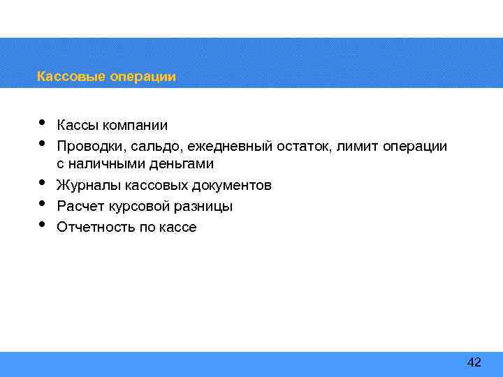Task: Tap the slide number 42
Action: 474,362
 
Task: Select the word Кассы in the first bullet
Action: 78,126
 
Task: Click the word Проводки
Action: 87,147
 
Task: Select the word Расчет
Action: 79,207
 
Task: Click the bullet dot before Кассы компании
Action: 42,123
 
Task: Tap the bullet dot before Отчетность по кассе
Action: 42,225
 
